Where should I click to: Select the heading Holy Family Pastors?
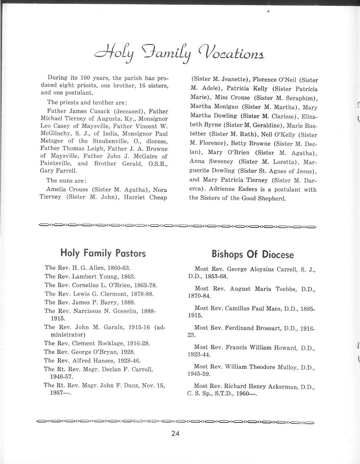pos(103,253)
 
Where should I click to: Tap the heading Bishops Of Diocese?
pos(252,254)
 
